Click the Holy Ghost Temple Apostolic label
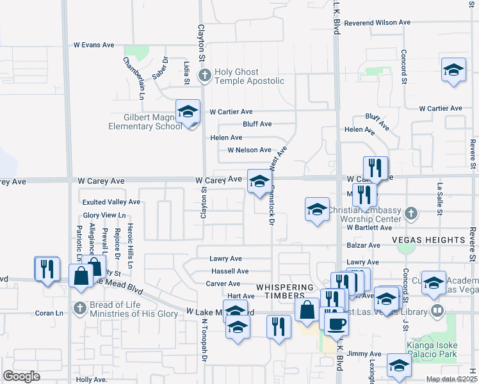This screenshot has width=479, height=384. pyautogui.click(x=249, y=76)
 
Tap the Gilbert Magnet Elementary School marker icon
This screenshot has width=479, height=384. pyautogui.click(x=188, y=111)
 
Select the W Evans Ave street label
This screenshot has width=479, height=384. pyautogui.click(x=93, y=45)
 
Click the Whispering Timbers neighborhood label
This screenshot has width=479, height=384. pyautogui.click(x=286, y=287)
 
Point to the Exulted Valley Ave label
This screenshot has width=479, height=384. pyautogui.click(x=110, y=202)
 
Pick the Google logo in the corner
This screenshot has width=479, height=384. pyautogui.click(x=21, y=376)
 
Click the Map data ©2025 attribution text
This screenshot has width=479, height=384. pyautogui.click(x=451, y=379)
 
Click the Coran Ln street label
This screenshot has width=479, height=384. pyautogui.click(x=49, y=313)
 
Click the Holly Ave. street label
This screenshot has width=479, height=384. pyautogui.click(x=92, y=380)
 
